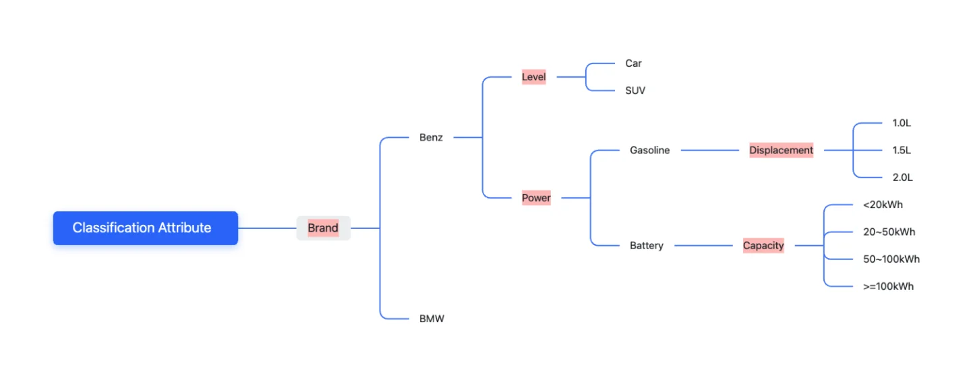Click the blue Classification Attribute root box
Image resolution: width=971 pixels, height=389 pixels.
tap(145, 228)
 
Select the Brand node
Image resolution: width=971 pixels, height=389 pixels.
tap(323, 228)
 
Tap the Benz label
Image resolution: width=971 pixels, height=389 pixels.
tap(431, 138)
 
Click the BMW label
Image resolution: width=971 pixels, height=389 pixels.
tap(432, 319)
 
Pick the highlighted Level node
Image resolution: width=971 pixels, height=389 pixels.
tap(533, 77)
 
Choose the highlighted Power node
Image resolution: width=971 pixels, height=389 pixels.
tap(536, 199)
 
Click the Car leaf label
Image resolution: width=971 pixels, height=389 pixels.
tap(633, 63)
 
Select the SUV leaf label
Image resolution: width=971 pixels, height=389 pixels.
tap(635, 90)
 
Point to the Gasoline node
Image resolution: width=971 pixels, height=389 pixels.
tap(649, 151)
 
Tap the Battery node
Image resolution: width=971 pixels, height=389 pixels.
tap(646, 246)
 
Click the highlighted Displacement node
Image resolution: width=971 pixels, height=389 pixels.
tap(781, 151)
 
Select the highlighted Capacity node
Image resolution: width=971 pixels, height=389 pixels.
tap(763, 246)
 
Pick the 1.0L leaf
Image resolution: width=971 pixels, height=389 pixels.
tap(902, 124)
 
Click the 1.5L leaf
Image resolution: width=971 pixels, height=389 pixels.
tap(902, 151)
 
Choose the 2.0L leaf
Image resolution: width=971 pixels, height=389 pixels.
tap(902, 178)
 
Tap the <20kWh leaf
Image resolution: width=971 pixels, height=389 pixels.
tap(883, 205)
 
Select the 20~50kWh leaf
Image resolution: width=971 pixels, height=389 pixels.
tap(889, 232)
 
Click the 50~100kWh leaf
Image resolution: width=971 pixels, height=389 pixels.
tap(891, 259)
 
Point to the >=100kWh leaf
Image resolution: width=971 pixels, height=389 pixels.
tap(888, 286)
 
